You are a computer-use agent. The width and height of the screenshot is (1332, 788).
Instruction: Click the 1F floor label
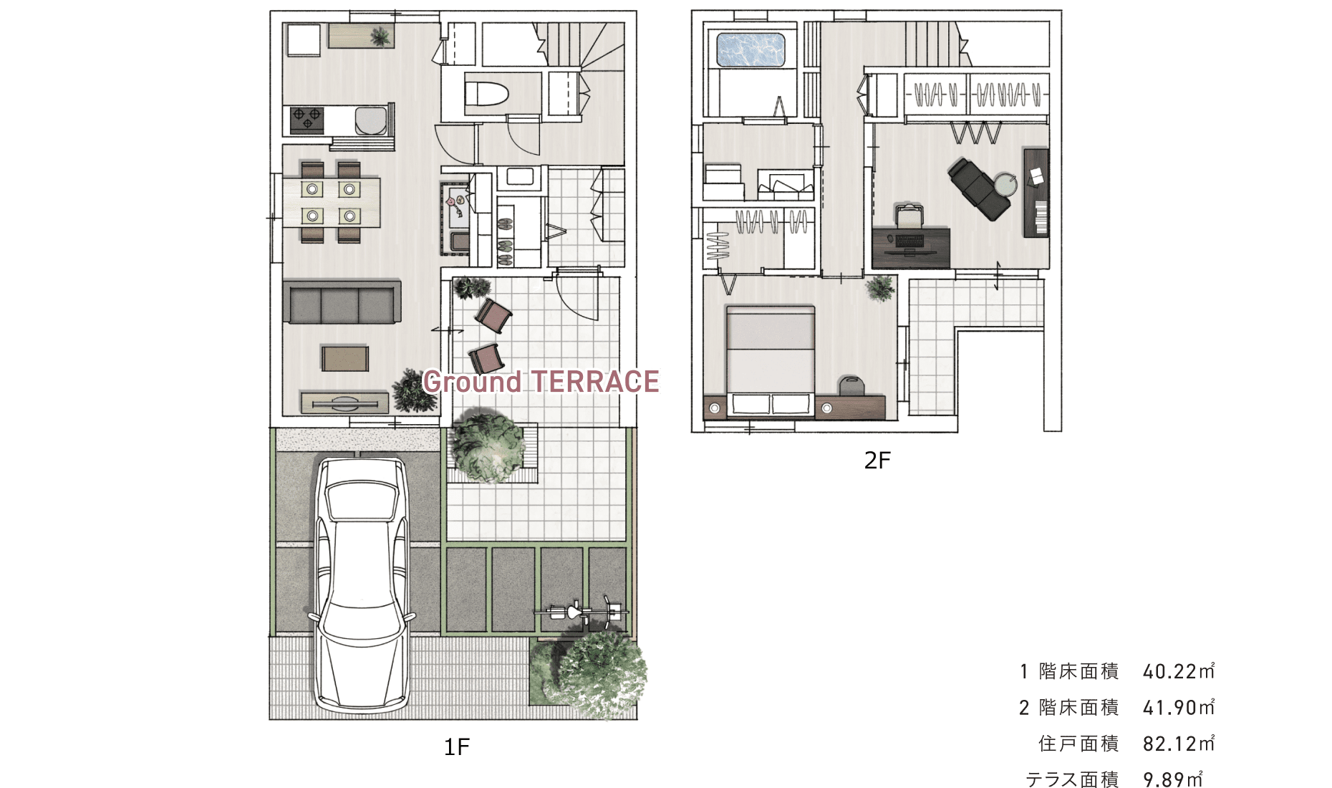coord(457,747)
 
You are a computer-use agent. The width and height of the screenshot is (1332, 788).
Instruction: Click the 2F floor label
coord(877,460)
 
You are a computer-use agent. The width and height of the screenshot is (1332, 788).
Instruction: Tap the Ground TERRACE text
coord(541,382)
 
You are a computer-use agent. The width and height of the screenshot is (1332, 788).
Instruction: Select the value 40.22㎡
coord(1179,671)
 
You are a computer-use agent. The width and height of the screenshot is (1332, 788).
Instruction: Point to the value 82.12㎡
coord(1179,744)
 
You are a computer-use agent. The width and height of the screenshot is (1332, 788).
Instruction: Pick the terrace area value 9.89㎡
coord(1173,779)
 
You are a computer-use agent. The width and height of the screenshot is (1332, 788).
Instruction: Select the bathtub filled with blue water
coord(751,49)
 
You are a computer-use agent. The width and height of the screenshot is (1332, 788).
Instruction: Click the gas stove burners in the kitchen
coord(307,120)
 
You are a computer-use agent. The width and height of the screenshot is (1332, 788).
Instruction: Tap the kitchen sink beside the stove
coord(371,120)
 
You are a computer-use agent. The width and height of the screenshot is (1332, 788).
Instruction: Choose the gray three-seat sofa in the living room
coord(342,302)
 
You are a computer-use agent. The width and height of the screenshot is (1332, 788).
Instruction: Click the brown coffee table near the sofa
coord(344,358)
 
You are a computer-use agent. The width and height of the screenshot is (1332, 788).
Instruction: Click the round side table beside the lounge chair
coord(1005,184)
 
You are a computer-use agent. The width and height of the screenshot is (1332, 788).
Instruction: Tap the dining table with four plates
coord(331,202)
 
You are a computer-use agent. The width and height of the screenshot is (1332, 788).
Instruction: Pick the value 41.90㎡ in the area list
coord(1179,708)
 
